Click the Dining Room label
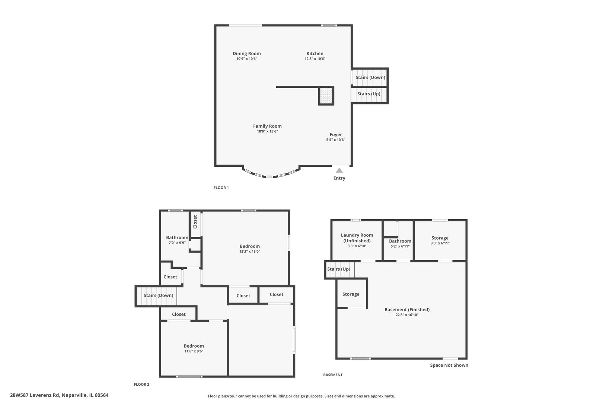pos(246,54)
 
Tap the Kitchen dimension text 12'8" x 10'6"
pos(315,59)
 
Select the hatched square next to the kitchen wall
pos(326,96)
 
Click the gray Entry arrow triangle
pos(339,170)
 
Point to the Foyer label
pos(335,135)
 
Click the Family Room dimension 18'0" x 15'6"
pos(267,131)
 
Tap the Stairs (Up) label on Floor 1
pos(368,94)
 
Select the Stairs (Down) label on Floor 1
pos(370,77)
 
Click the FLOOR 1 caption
pos(221,188)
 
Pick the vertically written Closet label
pos(195,222)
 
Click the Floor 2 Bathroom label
pos(177,237)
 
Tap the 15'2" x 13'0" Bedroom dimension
pos(249,251)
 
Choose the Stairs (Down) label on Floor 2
pos(158,296)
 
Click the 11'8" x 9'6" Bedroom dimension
pos(194,351)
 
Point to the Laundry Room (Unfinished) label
pos(357,238)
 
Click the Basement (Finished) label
pos(407,310)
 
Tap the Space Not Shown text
pos(449,365)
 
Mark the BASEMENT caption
pos(333,375)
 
